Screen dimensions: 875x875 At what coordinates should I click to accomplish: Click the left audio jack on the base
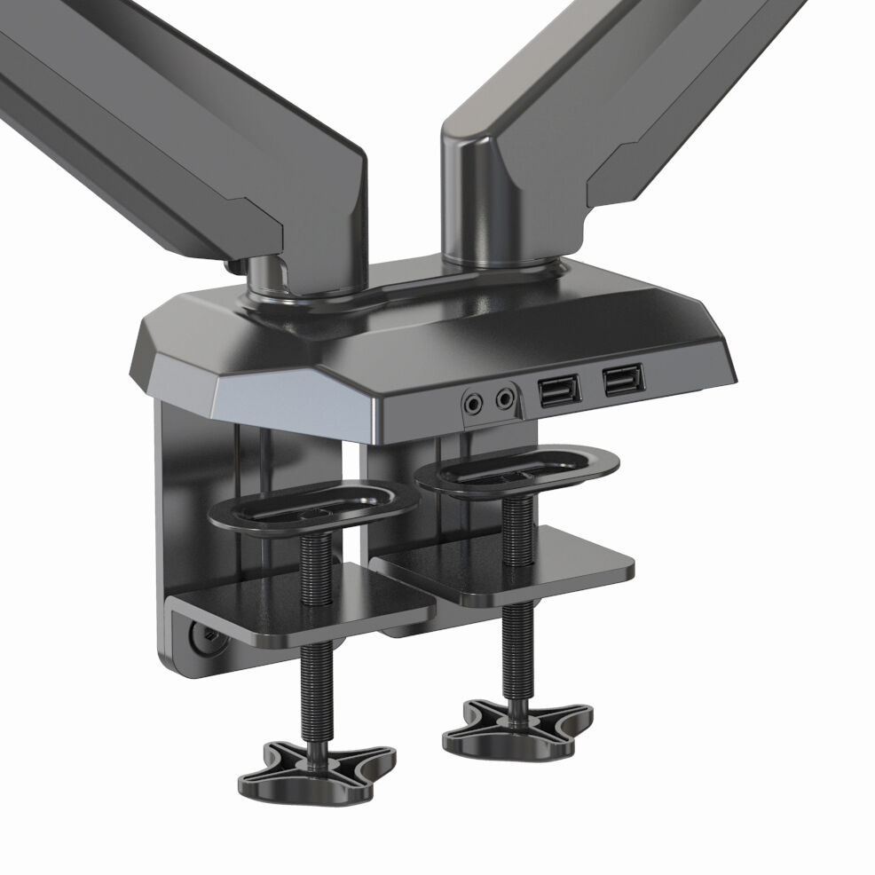pos(475,403)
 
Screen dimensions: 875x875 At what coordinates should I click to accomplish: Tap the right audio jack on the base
pos(505,399)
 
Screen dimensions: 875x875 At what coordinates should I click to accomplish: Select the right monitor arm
pos(621,106)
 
